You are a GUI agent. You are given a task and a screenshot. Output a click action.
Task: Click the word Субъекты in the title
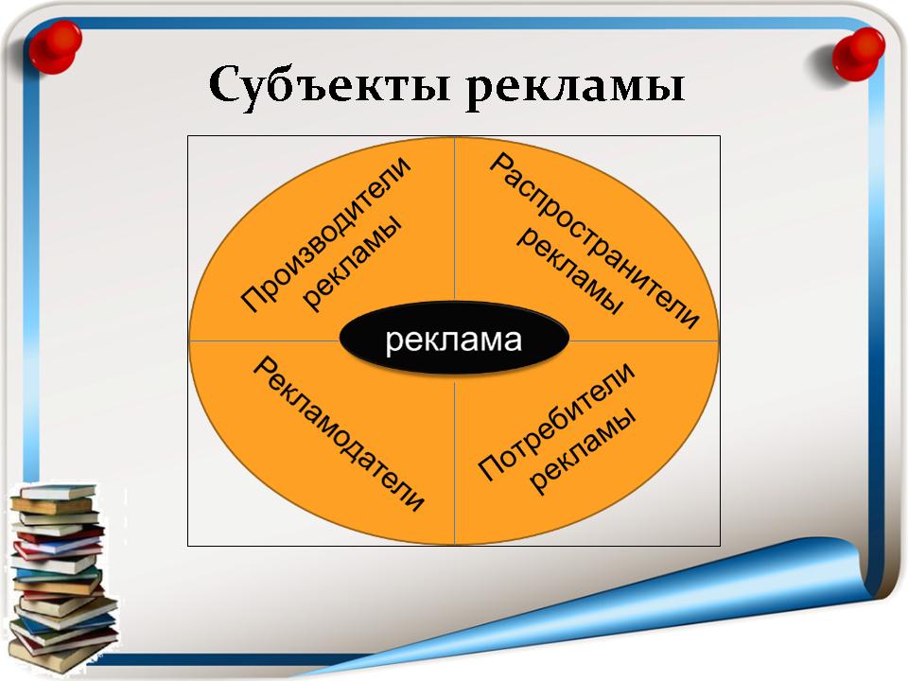(x=329, y=86)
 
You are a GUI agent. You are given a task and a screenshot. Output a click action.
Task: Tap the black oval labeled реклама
(x=454, y=338)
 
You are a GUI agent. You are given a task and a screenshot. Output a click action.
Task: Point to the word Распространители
(x=595, y=241)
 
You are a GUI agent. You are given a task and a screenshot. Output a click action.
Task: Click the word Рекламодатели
(x=339, y=434)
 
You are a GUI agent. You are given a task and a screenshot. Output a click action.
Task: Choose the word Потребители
(x=556, y=422)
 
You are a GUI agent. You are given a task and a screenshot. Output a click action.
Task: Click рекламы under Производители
(x=352, y=264)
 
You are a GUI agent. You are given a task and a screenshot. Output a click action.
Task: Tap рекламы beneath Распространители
(x=569, y=271)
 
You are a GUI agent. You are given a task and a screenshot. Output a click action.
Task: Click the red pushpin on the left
(x=56, y=46)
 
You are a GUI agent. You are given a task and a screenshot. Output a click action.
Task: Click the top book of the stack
(x=58, y=492)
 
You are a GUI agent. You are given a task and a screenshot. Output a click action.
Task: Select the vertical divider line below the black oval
(x=455, y=460)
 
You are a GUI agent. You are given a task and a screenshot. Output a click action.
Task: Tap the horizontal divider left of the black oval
(x=264, y=340)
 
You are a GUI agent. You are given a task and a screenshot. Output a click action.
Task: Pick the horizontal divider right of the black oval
(x=644, y=340)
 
